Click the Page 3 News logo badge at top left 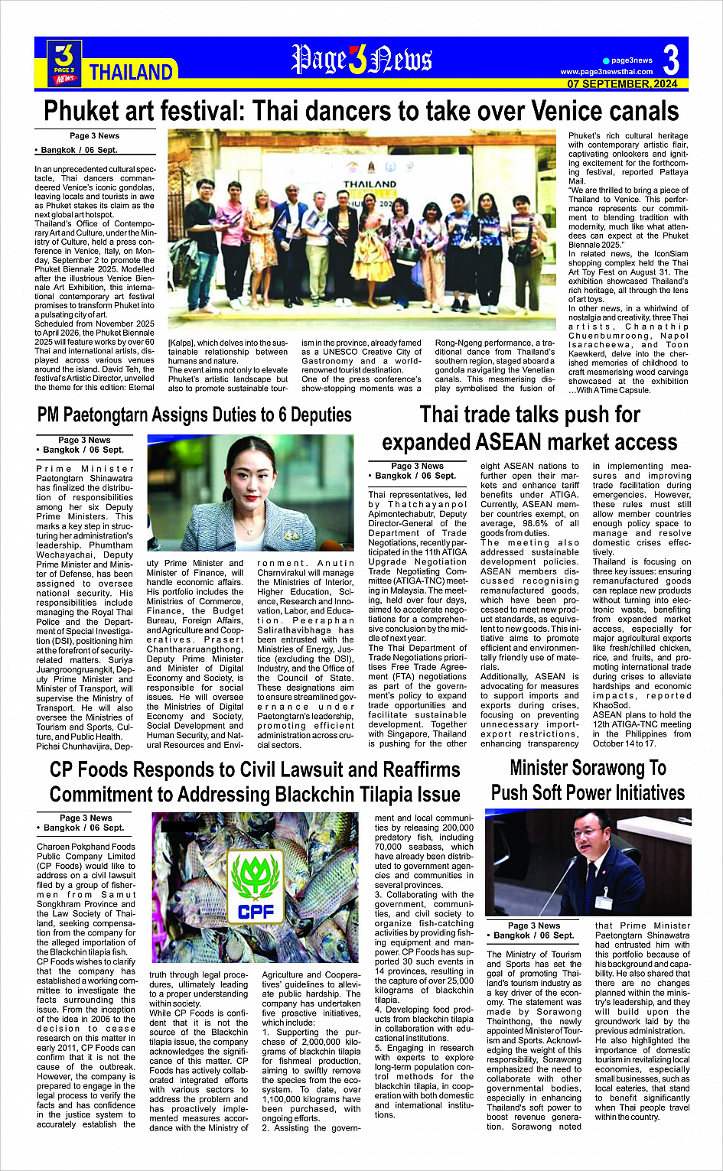pyautogui.click(x=64, y=62)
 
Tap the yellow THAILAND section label pyautogui.click(x=131, y=73)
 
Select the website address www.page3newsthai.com pyautogui.click(x=606, y=72)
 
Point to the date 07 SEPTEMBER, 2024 pyautogui.click(x=622, y=84)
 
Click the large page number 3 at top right pyautogui.click(x=670, y=60)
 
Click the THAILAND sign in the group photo pyautogui.click(x=370, y=184)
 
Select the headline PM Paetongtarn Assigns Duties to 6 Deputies pyautogui.click(x=194, y=415)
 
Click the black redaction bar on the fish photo pyautogui.click(x=181, y=825)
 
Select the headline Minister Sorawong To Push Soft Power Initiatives pyautogui.click(x=588, y=780)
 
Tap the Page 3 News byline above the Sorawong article pyautogui.click(x=534, y=925)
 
